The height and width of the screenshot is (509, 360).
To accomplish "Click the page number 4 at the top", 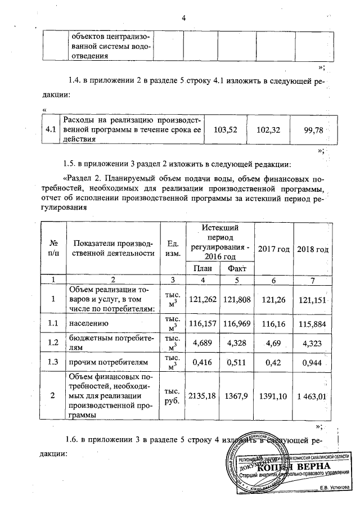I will pyautogui.click(x=184, y=16).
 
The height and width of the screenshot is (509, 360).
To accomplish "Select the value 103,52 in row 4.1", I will pyautogui.click(x=227, y=130).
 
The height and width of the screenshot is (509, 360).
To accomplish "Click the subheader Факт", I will pyautogui.click(x=237, y=268).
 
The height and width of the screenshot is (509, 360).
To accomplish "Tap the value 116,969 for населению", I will pyautogui.click(x=237, y=325).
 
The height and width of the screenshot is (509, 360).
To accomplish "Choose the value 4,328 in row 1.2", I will pyautogui.click(x=237, y=343).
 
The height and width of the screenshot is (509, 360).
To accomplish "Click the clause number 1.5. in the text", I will pyautogui.click(x=73, y=164).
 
